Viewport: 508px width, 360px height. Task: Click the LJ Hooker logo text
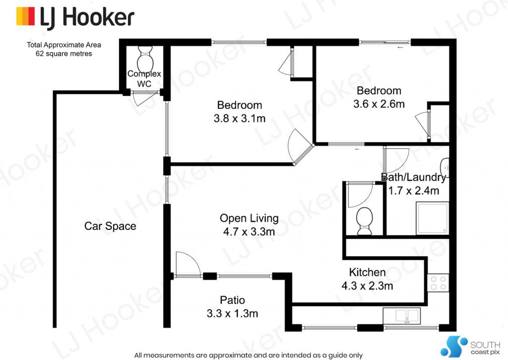coord(87,17)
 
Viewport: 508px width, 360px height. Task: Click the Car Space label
coord(110,226)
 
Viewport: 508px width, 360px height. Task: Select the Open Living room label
coord(249,218)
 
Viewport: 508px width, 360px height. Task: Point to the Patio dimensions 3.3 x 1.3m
coord(232,314)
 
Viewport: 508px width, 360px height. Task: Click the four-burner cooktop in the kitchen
coord(438,283)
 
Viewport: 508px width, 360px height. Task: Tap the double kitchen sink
coord(402,316)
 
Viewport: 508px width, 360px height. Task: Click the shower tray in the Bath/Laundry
coord(433,217)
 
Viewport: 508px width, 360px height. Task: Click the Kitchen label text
coord(367,272)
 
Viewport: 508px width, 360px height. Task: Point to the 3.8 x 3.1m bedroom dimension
coord(240,118)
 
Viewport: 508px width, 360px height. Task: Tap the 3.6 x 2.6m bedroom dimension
coord(379,104)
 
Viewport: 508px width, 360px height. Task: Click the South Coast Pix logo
coord(470,347)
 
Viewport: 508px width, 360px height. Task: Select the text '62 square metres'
coord(64,54)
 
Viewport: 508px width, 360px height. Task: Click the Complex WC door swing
coord(143,99)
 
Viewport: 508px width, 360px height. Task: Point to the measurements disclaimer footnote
coord(249,355)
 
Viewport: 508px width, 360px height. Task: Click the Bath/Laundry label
coord(414,177)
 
